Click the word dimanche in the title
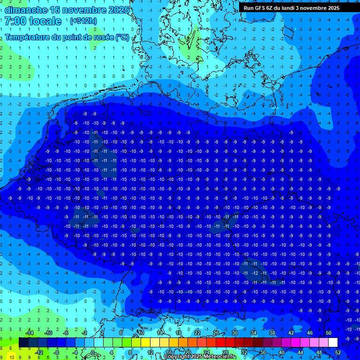pyautogui.click(x=25, y=10)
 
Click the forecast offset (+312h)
pyautogui.click(x=83, y=21)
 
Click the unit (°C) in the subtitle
pyautogui.click(x=122, y=37)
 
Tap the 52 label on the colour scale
pyautogui.click(x=338, y=352)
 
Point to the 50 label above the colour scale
pyautogui.click(x=328, y=333)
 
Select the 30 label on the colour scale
pyautogui.click(x=234, y=333)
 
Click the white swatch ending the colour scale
pyautogui.click(x=333, y=342)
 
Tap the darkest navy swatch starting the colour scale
pyautogui.click(x=23, y=342)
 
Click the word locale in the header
pyautogui.click(x=45, y=21)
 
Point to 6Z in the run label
pyautogui.click(x=270, y=8)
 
